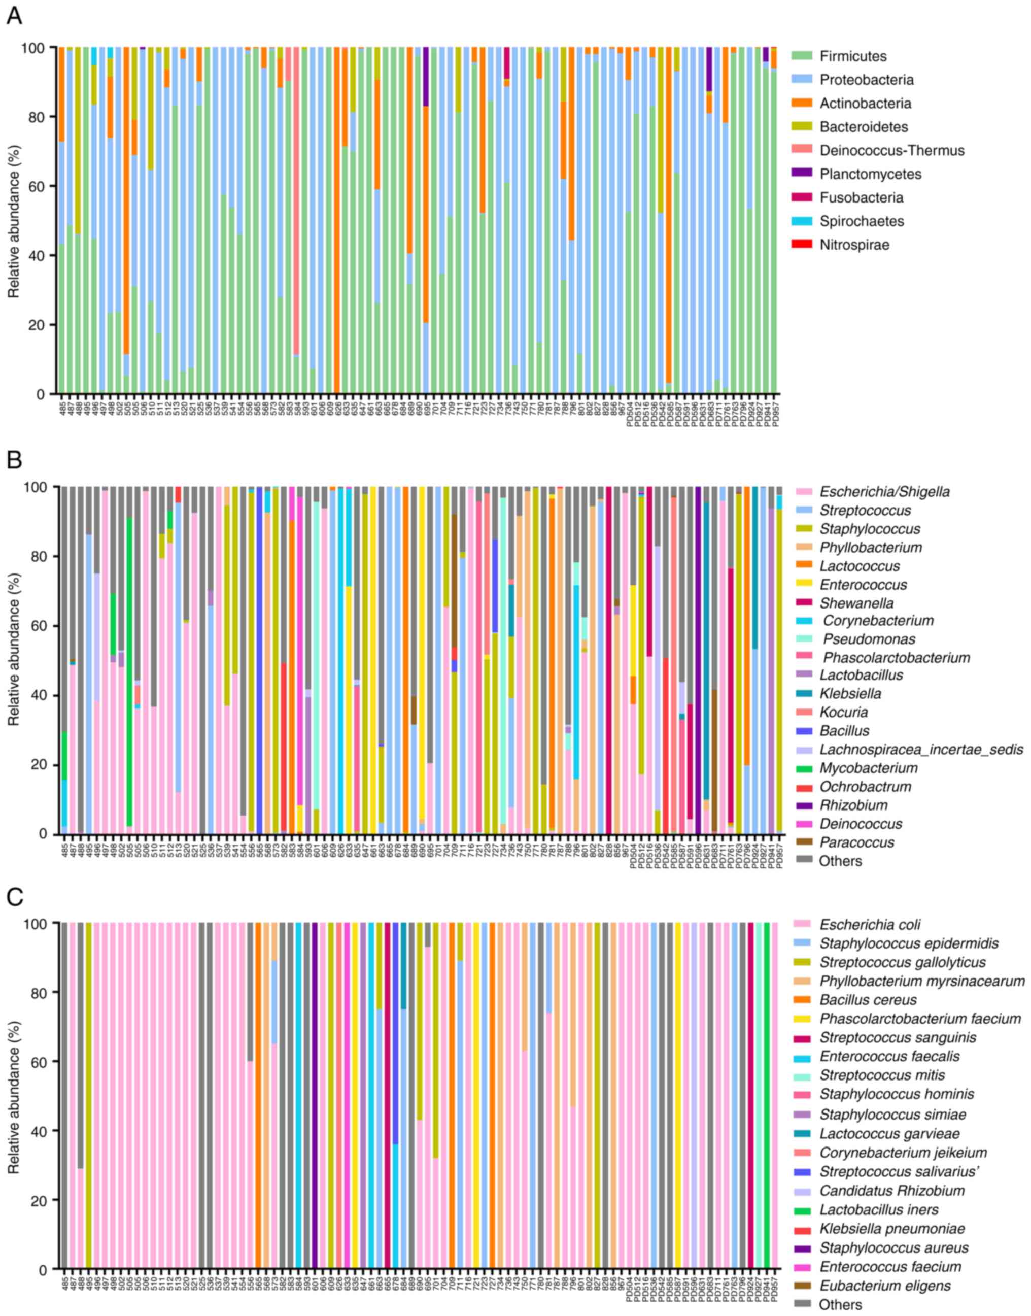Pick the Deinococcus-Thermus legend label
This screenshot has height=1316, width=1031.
click(x=891, y=150)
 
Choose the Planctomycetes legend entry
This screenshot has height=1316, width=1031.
click(x=871, y=174)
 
